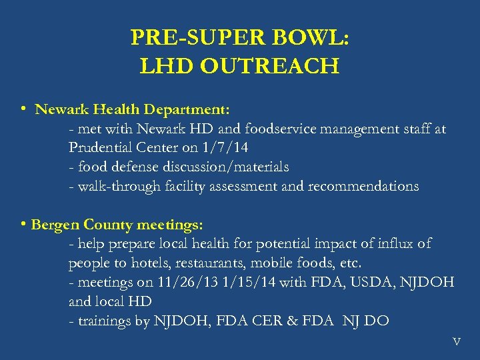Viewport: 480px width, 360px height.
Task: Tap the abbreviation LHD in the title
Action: coord(163,67)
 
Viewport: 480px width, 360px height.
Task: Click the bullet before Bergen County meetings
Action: coord(23,225)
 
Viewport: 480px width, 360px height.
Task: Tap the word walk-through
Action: coord(115,186)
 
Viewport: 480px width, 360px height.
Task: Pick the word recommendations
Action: coord(363,186)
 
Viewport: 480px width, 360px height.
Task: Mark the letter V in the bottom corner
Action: coord(456,342)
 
